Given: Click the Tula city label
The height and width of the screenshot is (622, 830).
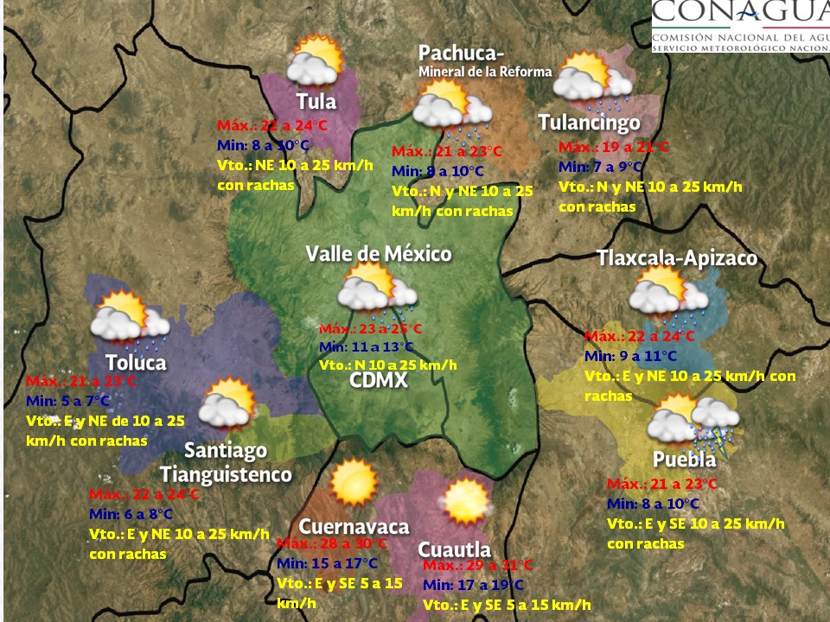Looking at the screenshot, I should click(316, 101).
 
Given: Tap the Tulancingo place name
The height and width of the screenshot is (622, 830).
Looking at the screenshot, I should click(589, 123).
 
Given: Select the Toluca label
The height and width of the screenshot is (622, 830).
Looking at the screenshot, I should click(136, 362).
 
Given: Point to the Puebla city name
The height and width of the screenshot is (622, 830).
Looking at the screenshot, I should click(684, 460).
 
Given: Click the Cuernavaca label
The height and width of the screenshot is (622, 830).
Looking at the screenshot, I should click(354, 527).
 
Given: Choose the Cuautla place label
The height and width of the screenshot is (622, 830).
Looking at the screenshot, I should click(454, 549).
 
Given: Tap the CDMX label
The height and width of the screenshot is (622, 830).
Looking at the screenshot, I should click(379, 380).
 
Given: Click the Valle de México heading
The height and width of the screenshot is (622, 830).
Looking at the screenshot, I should click(379, 254).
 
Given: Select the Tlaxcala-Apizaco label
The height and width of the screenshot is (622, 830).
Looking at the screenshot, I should click(677, 258).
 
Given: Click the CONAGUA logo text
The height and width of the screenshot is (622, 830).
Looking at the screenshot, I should click(739, 15).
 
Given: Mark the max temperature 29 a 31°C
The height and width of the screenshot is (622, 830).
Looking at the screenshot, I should click(478, 565).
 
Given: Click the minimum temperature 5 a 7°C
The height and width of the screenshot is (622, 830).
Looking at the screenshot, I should click(68, 401).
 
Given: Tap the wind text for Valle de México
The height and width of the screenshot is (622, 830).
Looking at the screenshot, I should click(387, 365).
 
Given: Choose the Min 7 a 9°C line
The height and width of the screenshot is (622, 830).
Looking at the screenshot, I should click(600, 167).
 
